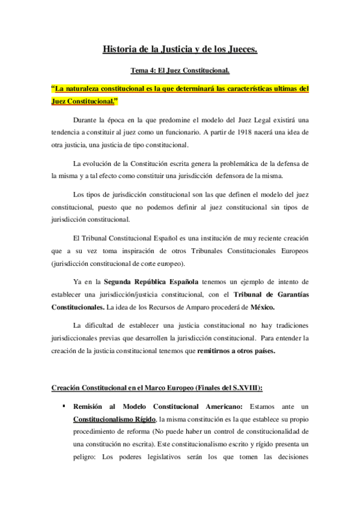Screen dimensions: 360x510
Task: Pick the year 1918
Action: click(x=255, y=132)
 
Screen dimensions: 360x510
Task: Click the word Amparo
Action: click(x=199, y=307)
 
